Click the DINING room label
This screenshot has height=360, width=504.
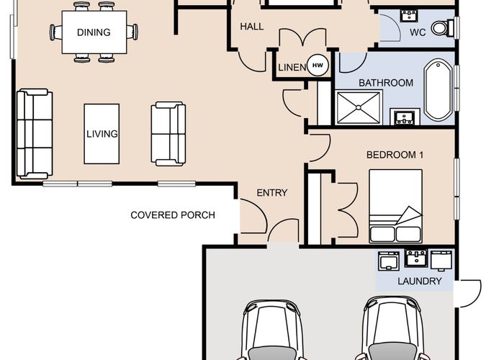pyautogui.click(x=94, y=32)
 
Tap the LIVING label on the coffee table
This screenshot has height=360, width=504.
pyautogui.click(x=102, y=134)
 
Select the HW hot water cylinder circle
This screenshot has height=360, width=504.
pyautogui.click(x=318, y=66)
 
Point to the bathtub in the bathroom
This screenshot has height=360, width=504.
pyautogui.click(x=438, y=90)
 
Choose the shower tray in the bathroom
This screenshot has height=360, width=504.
pyautogui.click(x=359, y=107)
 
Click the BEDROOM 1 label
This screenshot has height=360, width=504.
pyautogui.click(x=395, y=155)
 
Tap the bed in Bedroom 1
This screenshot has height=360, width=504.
pyautogui.click(x=395, y=206)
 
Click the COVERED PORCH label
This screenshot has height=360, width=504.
pyautogui.click(x=173, y=215)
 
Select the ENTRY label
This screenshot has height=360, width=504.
pyautogui.click(x=272, y=192)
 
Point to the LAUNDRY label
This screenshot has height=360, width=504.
pyautogui.click(x=420, y=282)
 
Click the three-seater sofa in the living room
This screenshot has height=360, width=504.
pyautogui.click(x=35, y=134)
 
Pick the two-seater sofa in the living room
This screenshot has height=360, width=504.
pyautogui.click(x=168, y=134)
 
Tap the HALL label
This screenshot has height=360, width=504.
pyautogui.click(x=252, y=27)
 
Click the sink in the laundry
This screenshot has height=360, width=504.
pyautogui.click(x=416, y=258)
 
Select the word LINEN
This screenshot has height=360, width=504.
pyautogui.click(x=292, y=68)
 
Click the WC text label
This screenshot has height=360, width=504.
pyautogui.click(x=418, y=32)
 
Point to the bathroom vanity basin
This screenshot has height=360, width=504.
pyautogui.click(x=405, y=117)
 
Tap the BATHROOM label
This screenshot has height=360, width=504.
pyautogui.click(x=386, y=83)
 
